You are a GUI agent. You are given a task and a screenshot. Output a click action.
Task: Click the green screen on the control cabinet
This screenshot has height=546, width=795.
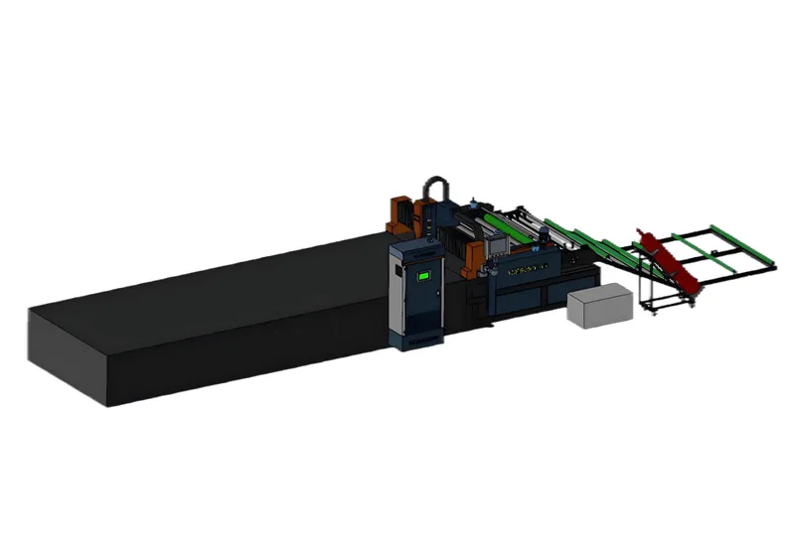pos(423,275)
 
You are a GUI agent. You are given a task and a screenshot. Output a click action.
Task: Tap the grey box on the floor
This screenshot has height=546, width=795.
pos(598,305)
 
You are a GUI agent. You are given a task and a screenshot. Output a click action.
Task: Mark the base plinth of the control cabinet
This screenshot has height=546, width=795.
pos(420,342)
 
